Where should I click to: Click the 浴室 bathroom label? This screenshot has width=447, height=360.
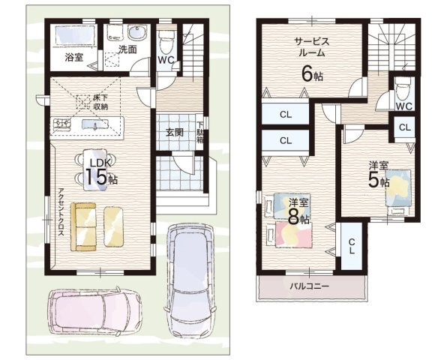[74, 57]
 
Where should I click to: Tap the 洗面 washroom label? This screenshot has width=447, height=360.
[127, 49]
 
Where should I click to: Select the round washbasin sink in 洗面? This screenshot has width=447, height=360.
[137, 33]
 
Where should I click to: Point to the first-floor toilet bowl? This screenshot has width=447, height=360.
[166, 43]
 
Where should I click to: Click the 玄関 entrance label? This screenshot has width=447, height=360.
[175, 132]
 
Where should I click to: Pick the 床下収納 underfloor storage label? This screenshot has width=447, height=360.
[100, 102]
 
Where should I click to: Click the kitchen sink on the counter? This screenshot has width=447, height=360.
[95, 124]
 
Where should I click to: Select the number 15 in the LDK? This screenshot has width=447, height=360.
[96, 177]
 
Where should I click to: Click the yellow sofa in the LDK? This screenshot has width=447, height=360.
[83, 227]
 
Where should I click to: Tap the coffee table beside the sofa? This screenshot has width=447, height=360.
[113, 226]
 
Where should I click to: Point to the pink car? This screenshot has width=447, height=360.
[94, 310]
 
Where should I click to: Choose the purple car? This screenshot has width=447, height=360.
[190, 280]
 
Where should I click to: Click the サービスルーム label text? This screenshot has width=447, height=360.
[312, 47]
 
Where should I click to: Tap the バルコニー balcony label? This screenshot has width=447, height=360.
[310, 286]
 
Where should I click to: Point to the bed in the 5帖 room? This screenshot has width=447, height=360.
[399, 187]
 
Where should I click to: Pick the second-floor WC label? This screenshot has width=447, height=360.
[404, 106]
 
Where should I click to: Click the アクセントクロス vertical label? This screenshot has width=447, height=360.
[61, 211]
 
